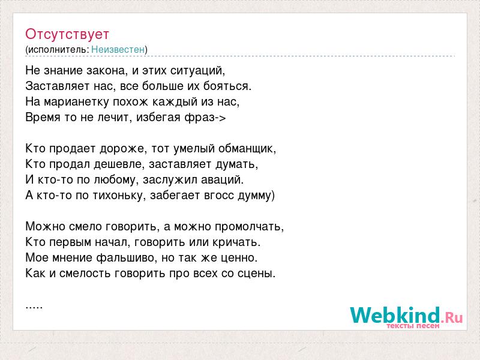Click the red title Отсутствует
point(67,34)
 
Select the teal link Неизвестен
point(118,49)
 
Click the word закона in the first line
point(106,71)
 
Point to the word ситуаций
point(197,71)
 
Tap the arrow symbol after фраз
point(220,118)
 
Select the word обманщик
point(247,149)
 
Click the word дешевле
point(118,164)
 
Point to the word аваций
point(222,180)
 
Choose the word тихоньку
point(118,196)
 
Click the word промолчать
point(249,227)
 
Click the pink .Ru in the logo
point(452,317)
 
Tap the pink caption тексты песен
point(413,326)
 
